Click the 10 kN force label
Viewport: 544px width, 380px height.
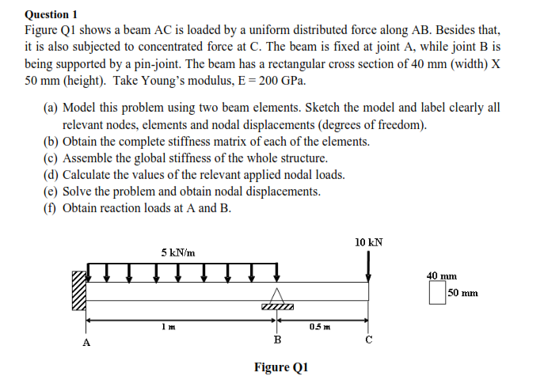(x=369, y=242)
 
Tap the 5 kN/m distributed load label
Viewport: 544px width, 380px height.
(x=178, y=253)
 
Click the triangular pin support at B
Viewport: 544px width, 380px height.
(x=277, y=294)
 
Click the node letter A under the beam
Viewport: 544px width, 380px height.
(x=86, y=343)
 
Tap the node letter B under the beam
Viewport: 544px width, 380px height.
(x=277, y=340)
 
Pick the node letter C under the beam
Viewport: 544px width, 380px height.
(x=369, y=340)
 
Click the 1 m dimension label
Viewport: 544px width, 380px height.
(x=164, y=327)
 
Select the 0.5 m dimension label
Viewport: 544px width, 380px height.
(x=321, y=327)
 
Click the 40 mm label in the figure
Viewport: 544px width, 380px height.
(x=442, y=275)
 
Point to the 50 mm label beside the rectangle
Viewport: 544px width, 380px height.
(x=463, y=294)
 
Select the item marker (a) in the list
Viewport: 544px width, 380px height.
(x=50, y=108)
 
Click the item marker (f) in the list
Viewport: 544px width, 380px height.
(x=50, y=208)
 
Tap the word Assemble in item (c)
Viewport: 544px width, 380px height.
(x=87, y=158)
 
